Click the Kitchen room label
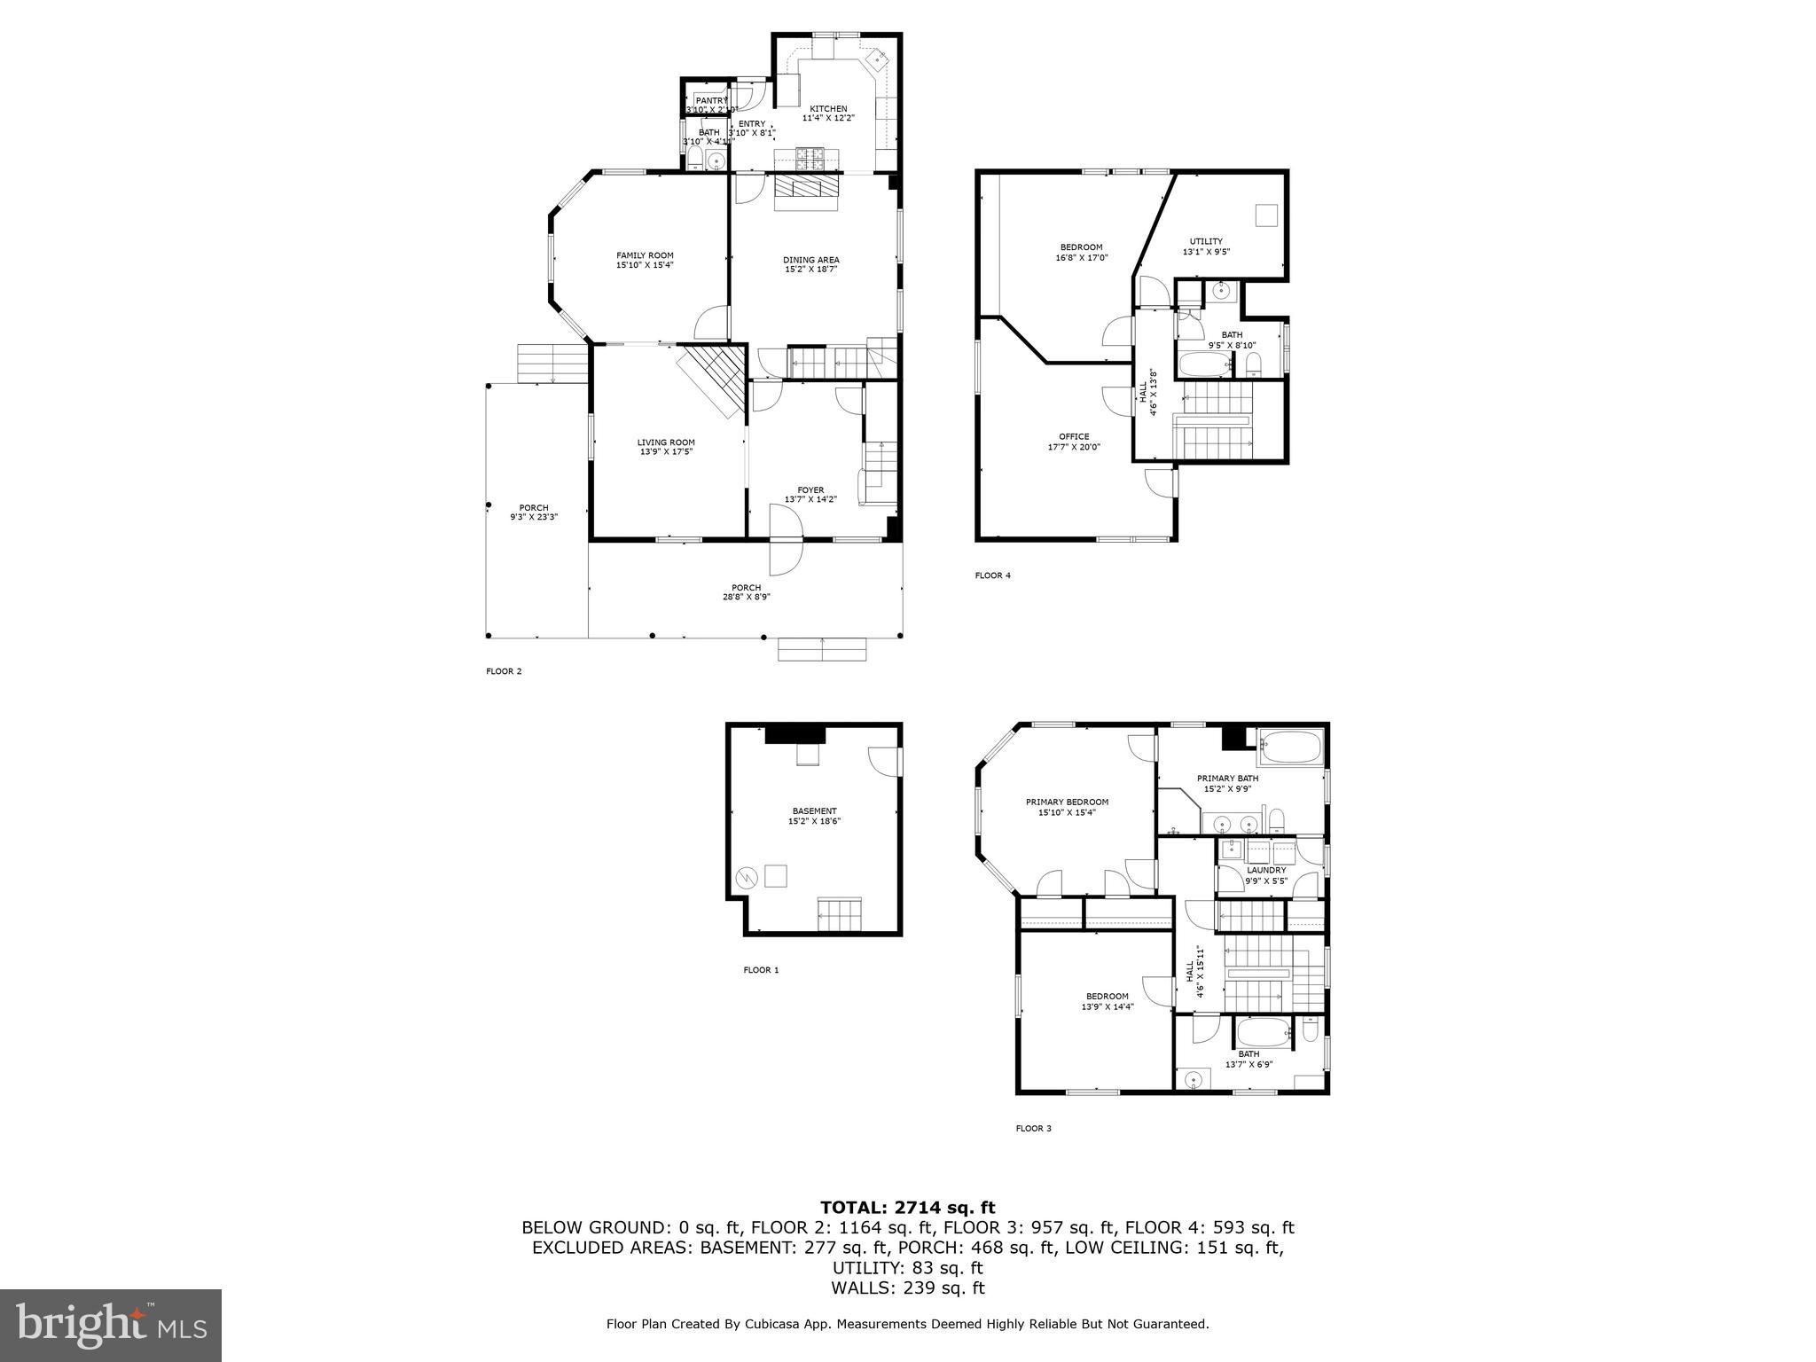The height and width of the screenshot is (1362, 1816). point(827,108)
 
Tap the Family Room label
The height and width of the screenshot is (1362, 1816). point(645,255)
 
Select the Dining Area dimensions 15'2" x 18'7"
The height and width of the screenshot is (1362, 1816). point(810,270)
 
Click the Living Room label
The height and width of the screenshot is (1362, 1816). point(665,442)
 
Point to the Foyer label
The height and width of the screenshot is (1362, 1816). point(810,489)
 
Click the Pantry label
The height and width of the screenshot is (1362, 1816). point(711,100)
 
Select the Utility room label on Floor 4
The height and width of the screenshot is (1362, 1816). point(1205,241)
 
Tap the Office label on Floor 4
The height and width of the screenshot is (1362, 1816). point(1073,436)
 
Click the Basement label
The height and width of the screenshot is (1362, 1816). point(813,810)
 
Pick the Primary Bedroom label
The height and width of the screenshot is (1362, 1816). point(1067,802)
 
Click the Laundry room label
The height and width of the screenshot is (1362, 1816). point(1265,870)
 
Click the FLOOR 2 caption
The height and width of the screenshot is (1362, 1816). point(504,671)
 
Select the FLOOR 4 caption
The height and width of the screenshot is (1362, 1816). point(992,575)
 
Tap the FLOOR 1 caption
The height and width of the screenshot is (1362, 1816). point(760,970)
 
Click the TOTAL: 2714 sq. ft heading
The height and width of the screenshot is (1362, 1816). point(907,1207)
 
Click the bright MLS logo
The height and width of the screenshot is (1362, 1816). point(111,1325)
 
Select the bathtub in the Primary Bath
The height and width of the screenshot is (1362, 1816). point(1290,748)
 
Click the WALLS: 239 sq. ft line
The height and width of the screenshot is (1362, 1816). point(907,1288)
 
